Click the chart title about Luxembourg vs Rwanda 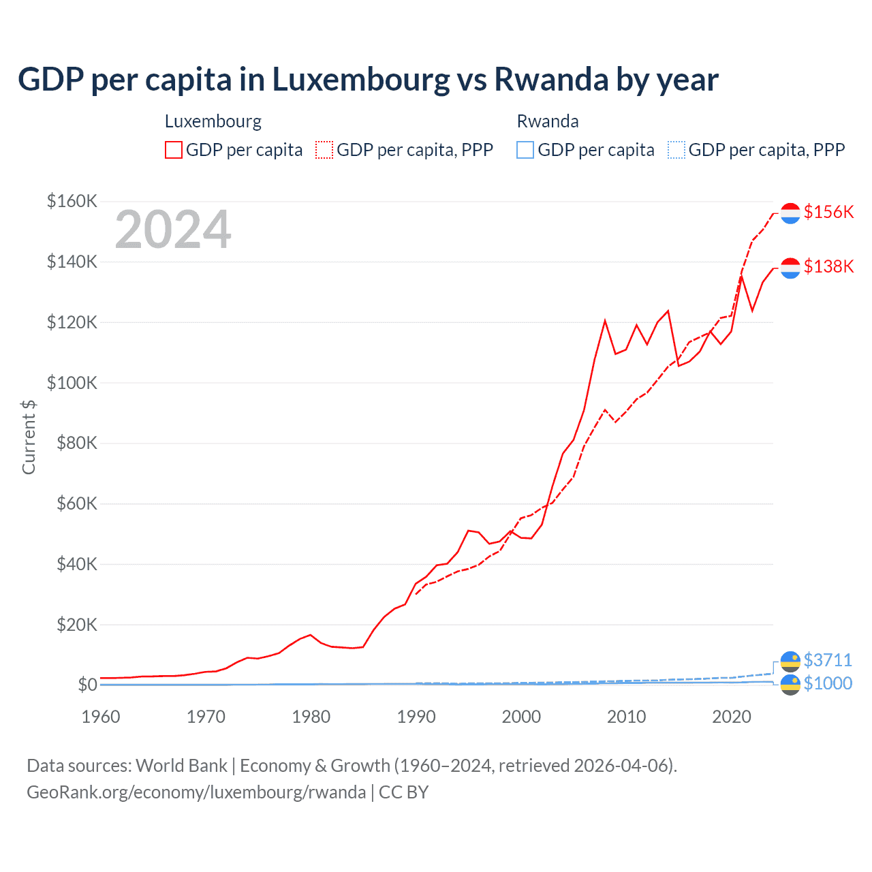tap(368, 79)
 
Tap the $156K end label tap(828, 212)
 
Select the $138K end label tap(828, 266)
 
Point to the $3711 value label tap(828, 660)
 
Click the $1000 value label tap(828, 683)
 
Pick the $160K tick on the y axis tap(72, 202)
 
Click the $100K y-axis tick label tap(72, 383)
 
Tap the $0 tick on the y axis tap(87, 685)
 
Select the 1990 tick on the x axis tap(416, 717)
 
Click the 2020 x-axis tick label tap(732, 717)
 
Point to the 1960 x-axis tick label tap(101, 717)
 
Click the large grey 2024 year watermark tap(173, 230)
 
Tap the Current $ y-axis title tap(29, 437)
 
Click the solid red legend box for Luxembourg tap(174, 150)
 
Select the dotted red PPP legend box tap(324, 150)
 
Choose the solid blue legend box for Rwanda tap(525, 150)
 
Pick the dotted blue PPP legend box tap(676, 150)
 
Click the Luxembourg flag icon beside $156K tap(790, 213)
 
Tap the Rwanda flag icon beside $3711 tap(790, 661)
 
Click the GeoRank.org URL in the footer tap(196, 792)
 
